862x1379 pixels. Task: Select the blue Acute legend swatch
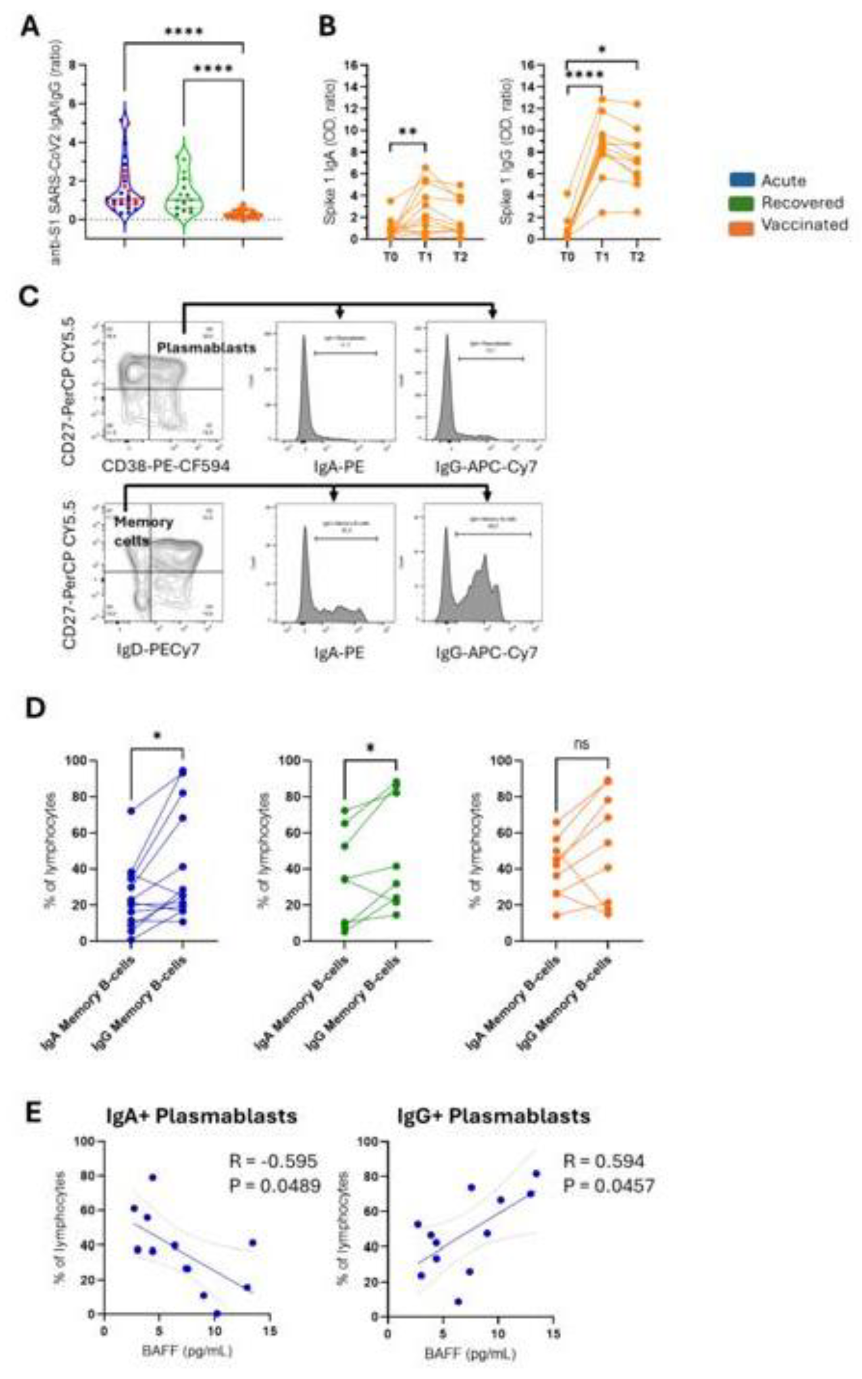[x=742, y=181]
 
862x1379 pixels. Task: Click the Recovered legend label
[x=802, y=203]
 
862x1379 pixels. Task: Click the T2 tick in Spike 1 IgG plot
[x=637, y=257]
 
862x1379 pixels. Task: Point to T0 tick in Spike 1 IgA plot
[x=390, y=257]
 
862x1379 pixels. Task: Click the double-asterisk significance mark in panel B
[x=408, y=132]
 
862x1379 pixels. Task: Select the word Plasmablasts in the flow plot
[x=206, y=347]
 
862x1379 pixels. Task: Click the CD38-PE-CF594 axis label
[x=166, y=466]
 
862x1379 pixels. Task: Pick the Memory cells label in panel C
[x=143, y=531]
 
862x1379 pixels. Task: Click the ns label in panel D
[x=582, y=744]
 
